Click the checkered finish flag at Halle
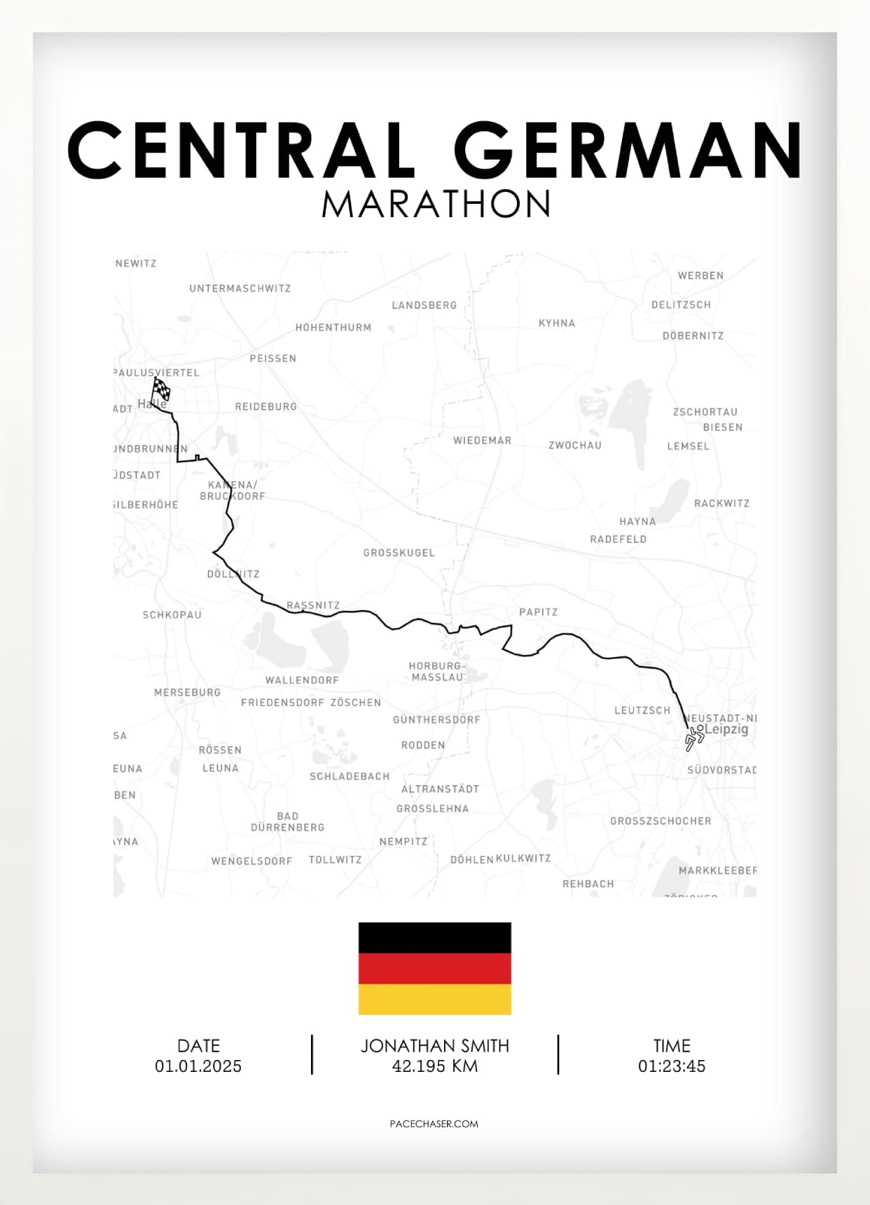click(161, 389)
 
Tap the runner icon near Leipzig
click(693, 738)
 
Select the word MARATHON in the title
click(436, 204)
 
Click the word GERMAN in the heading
click(628, 150)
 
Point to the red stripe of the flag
click(434, 968)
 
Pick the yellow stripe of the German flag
click(434, 999)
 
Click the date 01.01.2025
click(198, 1066)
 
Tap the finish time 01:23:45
click(671, 1066)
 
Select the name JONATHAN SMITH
click(434, 1046)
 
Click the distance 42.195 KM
click(434, 1066)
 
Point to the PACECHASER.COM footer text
click(434, 1124)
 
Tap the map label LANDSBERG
click(424, 305)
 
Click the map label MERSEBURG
click(187, 692)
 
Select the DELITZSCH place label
click(681, 305)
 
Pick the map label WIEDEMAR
click(482, 441)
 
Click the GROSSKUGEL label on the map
click(399, 553)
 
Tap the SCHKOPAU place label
click(172, 615)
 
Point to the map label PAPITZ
click(538, 612)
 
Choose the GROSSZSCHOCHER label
click(660, 821)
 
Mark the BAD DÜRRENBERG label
click(287, 822)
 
